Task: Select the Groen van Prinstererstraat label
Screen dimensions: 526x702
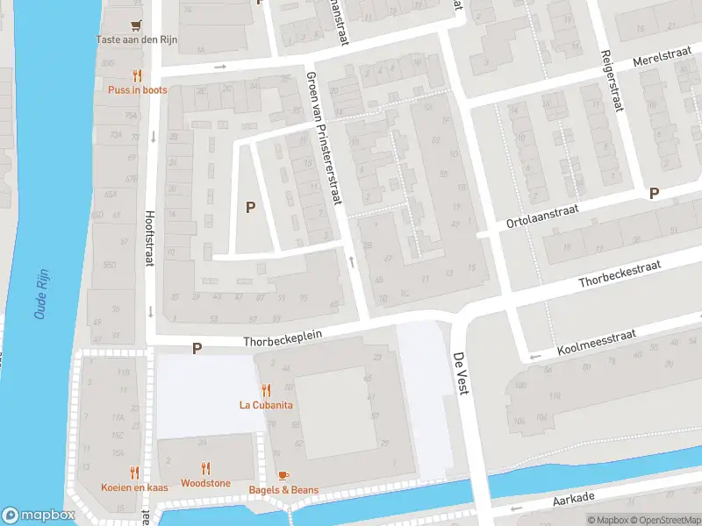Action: point(322,138)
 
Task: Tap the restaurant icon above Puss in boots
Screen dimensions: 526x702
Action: point(136,75)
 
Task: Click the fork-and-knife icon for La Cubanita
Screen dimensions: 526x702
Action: point(266,391)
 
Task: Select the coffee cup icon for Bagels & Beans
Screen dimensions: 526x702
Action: point(283,475)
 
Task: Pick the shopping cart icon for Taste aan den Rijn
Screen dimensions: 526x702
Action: point(135,25)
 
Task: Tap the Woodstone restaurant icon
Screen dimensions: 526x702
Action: point(205,469)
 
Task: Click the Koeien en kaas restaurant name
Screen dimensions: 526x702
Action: point(133,487)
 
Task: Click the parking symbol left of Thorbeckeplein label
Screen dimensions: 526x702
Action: point(197,348)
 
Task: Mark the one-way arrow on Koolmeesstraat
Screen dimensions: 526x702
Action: point(535,356)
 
